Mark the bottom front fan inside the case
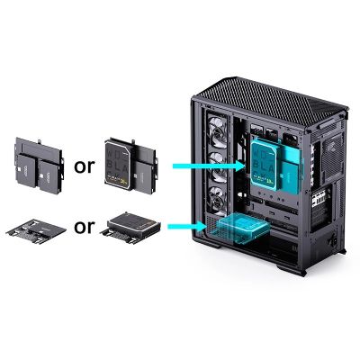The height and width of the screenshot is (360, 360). [x=216, y=200]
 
